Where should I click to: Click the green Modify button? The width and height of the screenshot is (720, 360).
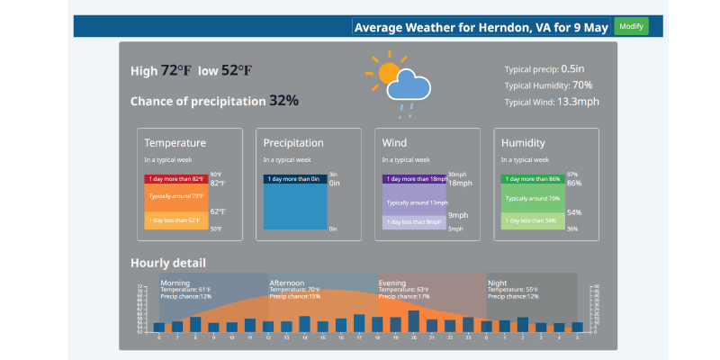point(632,26)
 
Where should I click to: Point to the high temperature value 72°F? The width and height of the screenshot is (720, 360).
point(175,71)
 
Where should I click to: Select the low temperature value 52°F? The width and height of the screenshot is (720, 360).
point(237,71)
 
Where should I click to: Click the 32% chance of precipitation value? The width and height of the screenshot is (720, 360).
point(283,101)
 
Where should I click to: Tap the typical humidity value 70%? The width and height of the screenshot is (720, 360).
point(582,85)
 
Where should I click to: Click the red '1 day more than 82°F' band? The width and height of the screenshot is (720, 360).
point(176,179)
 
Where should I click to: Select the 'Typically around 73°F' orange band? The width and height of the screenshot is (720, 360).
point(176,195)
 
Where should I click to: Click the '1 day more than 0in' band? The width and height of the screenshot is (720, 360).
point(295,179)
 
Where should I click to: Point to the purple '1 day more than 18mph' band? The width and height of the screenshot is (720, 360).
point(414,179)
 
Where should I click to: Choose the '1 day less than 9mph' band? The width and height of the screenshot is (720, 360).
point(414,221)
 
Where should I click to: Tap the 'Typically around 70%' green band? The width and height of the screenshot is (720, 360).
point(533,198)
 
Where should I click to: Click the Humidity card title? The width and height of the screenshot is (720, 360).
point(523,143)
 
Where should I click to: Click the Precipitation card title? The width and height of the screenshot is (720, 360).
point(293,143)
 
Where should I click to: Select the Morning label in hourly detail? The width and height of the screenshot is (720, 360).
point(175,283)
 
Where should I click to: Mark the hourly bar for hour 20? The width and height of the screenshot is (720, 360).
point(414,321)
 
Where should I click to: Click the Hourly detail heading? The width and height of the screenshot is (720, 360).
point(168,263)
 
